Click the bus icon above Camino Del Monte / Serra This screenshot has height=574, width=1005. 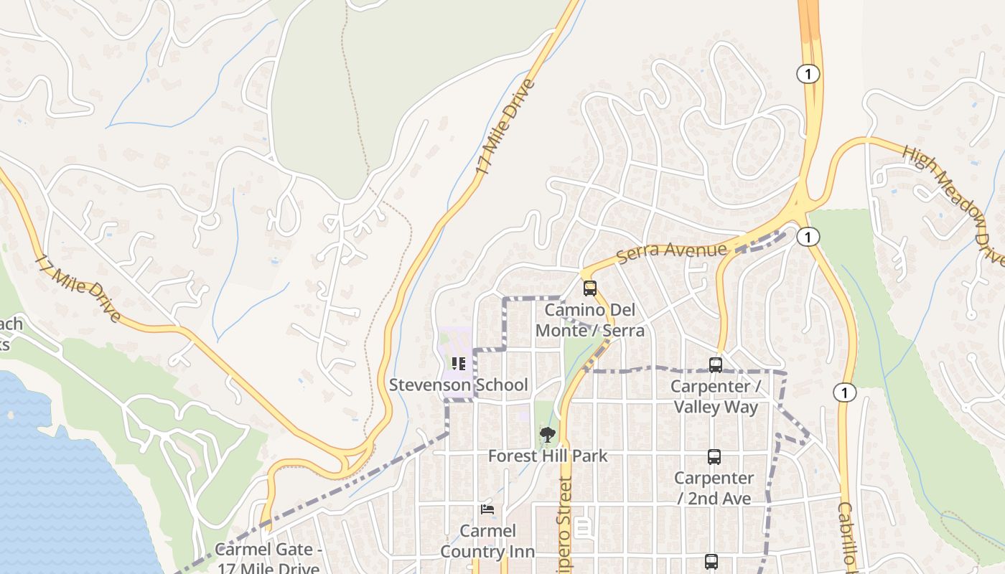pyautogui.click(x=590, y=288)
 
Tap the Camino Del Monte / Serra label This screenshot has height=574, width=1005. pyautogui.click(x=590, y=321)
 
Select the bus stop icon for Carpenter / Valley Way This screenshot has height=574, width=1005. pyautogui.click(x=716, y=365)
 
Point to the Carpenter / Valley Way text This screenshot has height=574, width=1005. pyautogui.click(x=715, y=397)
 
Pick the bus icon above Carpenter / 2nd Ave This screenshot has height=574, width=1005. pyautogui.click(x=714, y=457)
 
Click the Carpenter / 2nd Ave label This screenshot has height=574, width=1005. pyautogui.click(x=714, y=488)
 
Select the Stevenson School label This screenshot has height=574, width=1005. pyautogui.click(x=458, y=385)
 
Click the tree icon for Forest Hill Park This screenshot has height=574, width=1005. pyautogui.click(x=548, y=434)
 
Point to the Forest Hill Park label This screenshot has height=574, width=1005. pyautogui.click(x=548, y=456)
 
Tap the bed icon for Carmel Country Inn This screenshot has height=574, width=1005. pyautogui.click(x=487, y=510)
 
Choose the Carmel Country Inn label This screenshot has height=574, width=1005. pyautogui.click(x=487, y=541)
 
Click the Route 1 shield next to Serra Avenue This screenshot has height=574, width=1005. pyautogui.click(x=808, y=237)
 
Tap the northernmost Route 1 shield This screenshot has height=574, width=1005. pyautogui.click(x=808, y=73)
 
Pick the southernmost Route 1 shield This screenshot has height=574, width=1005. pyautogui.click(x=845, y=392)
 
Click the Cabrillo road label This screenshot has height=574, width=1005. pyautogui.click(x=848, y=535)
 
